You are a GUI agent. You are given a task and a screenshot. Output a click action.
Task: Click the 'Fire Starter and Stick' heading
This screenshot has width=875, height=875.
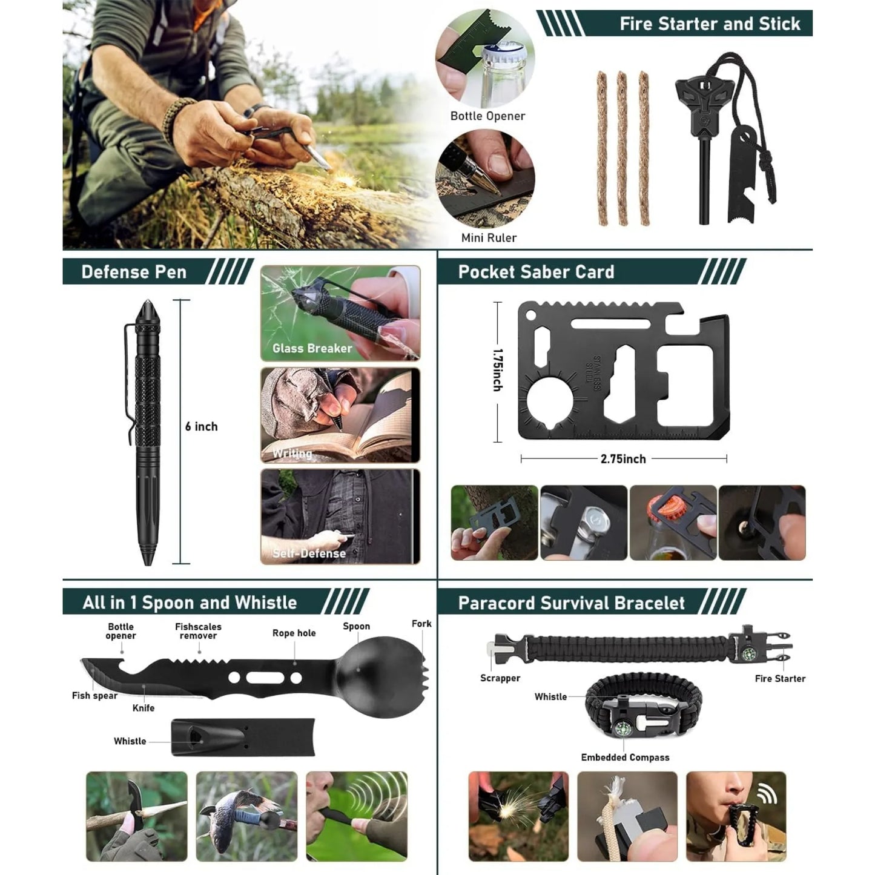[x=709, y=24]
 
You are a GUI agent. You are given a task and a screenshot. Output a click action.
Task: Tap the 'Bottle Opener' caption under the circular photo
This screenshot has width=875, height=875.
[x=487, y=116]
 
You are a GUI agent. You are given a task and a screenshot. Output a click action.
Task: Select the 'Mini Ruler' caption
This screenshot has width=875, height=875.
[x=489, y=237]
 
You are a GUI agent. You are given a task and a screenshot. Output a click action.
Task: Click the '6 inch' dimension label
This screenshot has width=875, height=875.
[x=201, y=426]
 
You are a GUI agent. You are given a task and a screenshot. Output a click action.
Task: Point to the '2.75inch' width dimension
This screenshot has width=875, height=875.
[x=623, y=459]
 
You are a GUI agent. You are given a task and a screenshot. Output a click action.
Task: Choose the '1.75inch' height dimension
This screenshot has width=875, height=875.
[x=497, y=369]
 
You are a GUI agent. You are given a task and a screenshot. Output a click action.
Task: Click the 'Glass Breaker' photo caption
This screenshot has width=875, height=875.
[x=312, y=348]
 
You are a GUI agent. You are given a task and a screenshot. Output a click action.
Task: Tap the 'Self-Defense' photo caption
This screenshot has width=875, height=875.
[x=309, y=553]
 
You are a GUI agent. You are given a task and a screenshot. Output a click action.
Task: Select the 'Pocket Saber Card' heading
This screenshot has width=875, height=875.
[x=536, y=272]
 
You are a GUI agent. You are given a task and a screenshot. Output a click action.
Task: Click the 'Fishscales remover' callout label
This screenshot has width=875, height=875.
[x=198, y=631]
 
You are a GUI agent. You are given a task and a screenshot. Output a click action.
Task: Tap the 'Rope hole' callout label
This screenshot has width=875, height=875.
[x=294, y=633]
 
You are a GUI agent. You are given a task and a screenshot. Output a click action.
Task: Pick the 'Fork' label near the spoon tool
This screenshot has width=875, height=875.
[x=421, y=624]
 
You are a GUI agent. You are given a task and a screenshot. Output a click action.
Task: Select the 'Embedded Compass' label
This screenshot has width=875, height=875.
[x=625, y=758]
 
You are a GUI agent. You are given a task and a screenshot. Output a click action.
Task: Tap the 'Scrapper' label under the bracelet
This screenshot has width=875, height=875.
[x=500, y=678]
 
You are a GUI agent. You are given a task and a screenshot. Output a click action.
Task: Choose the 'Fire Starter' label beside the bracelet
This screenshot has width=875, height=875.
[x=780, y=679]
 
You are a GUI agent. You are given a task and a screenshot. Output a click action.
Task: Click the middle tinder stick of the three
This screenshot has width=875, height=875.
[x=622, y=148]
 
